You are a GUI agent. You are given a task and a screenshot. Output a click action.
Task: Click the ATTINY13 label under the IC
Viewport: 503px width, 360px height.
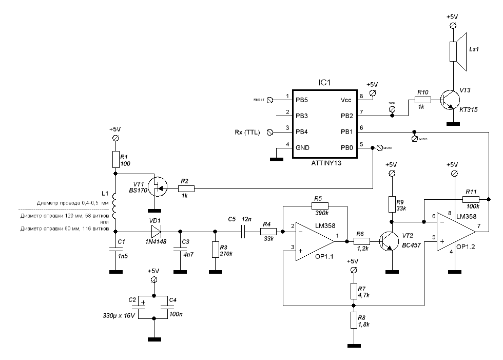[326, 164]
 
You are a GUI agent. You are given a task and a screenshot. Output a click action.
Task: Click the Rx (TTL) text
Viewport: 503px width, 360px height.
[247, 132]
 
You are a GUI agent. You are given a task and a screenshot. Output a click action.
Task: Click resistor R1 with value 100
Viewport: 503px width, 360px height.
[115, 159]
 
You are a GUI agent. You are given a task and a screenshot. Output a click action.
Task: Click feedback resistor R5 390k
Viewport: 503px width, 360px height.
[317, 205]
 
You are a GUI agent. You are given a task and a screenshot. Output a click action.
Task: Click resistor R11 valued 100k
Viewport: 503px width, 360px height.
[471, 199]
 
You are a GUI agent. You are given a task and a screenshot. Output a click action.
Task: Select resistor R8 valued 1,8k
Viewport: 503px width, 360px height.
[353, 321]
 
